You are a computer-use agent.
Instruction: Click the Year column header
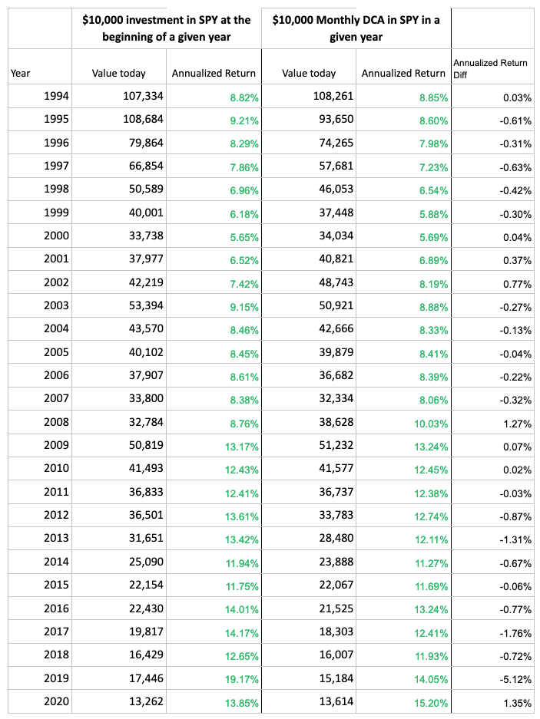pos(21,74)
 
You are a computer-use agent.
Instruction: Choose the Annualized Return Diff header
pos(490,68)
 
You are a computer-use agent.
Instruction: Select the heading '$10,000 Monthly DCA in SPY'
pos(356,28)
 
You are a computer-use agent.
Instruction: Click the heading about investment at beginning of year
pos(167,28)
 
